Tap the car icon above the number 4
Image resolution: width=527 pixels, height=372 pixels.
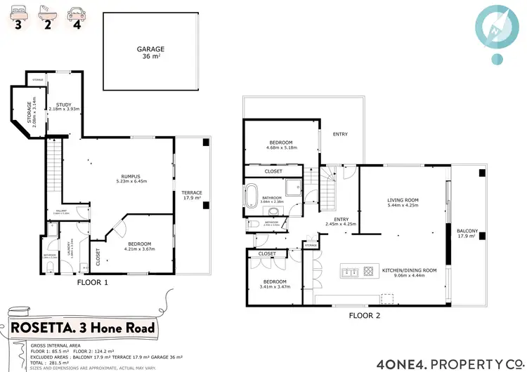[74, 12]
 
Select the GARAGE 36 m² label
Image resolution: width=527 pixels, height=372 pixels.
[150, 53]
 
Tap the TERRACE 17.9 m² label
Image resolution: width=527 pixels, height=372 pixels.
[192, 195]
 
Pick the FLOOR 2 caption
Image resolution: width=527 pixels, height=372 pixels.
[364, 315]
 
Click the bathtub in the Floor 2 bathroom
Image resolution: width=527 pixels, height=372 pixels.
[252, 194]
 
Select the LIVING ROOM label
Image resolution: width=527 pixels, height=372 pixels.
[403, 203]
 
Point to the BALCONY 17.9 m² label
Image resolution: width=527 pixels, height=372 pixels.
[467, 234]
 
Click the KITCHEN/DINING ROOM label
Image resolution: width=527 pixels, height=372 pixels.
[409, 272]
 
